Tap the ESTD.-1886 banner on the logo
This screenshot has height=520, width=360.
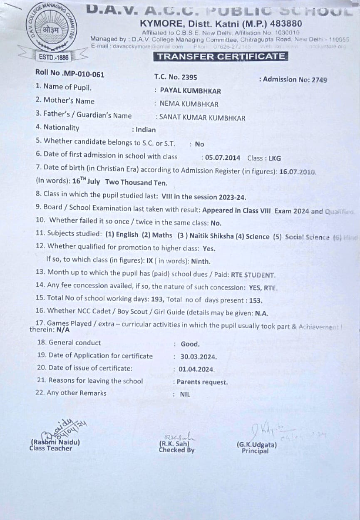(x=54, y=57)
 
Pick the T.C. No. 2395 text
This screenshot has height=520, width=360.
(x=176, y=77)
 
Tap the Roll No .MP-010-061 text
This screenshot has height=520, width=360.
(x=70, y=74)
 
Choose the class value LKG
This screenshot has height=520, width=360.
(x=275, y=158)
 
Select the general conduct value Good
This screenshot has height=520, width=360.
(x=190, y=344)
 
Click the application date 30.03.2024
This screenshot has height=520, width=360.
(x=199, y=357)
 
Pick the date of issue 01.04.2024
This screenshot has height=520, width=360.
(x=197, y=369)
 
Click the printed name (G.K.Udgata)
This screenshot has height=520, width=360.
(x=256, y=444)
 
